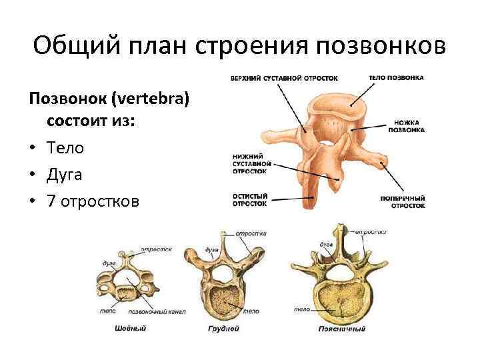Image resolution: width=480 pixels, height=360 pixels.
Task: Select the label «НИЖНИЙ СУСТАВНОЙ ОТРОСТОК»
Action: pos(251,163)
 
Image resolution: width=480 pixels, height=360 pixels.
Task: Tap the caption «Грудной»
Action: pos(223,329)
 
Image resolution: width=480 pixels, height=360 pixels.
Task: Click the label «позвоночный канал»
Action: pos(157,311)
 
